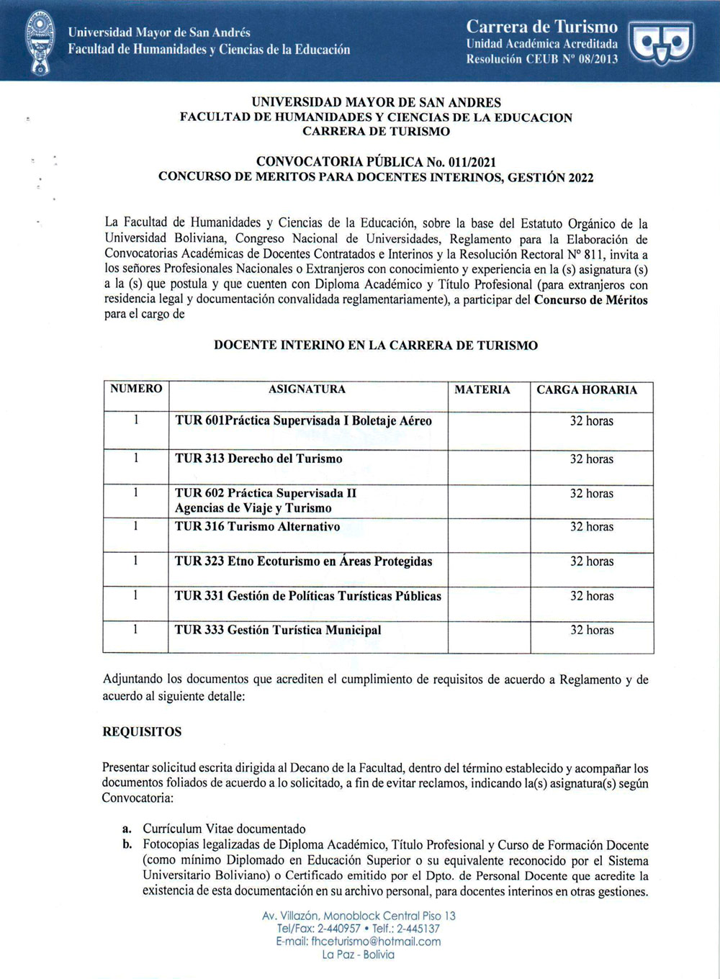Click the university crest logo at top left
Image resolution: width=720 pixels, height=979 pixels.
40,41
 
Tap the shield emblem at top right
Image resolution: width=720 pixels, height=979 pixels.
661,42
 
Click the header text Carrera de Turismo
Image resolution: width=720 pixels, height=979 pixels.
541,27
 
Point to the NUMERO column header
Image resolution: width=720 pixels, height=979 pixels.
136,389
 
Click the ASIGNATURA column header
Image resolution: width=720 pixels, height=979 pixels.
307,389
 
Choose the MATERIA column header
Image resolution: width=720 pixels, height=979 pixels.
482,390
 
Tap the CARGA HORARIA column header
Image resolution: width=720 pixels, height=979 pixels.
587,390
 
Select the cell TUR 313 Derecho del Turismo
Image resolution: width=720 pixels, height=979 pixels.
258,459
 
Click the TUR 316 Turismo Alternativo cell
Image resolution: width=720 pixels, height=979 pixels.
257,527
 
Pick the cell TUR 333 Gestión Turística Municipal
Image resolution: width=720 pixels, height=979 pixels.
278,631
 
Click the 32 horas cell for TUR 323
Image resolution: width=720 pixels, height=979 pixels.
592,561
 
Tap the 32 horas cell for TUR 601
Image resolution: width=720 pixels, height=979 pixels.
592,421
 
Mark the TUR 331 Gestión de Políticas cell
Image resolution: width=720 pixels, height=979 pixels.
308,596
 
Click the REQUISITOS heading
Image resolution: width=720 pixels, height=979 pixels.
142,732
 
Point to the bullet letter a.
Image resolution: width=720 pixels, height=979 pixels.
127,829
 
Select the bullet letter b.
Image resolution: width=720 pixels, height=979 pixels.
127,845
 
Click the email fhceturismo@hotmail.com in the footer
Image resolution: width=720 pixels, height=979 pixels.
358,942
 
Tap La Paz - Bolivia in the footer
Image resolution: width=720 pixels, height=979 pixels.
358,955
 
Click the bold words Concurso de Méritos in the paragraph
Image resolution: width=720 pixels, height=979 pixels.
590,300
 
